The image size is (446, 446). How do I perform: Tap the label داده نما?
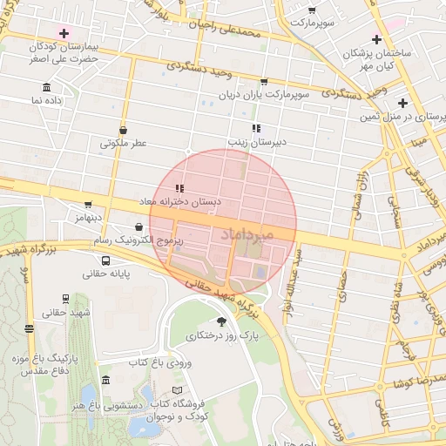pyautogui.click(x=49, y=101)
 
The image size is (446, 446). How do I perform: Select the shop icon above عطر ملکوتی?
pyautogui.click(x=123, y=129)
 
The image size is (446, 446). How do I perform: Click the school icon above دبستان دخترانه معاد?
pyautogui.click(x=179, y=187)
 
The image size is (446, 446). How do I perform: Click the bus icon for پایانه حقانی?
pyautogui.click(x=105, y=260)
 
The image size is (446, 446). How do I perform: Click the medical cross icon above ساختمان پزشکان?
pyautogui.click(x=375, y=39)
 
